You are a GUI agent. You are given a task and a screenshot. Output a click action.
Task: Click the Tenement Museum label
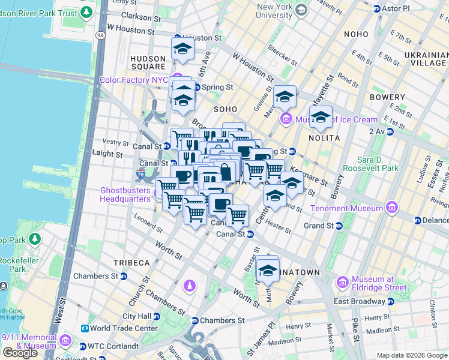point(347,208)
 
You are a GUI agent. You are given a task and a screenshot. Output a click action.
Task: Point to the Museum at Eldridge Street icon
point(342,281)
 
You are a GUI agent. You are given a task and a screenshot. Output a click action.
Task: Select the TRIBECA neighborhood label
point(131,263)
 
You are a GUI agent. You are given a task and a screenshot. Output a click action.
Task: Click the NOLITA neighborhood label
point(324,138)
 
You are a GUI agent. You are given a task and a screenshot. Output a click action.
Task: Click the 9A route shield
point(100,35)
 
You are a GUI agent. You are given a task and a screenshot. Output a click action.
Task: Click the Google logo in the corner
point(20,353)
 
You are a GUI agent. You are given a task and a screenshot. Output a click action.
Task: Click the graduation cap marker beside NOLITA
point(321,116)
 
